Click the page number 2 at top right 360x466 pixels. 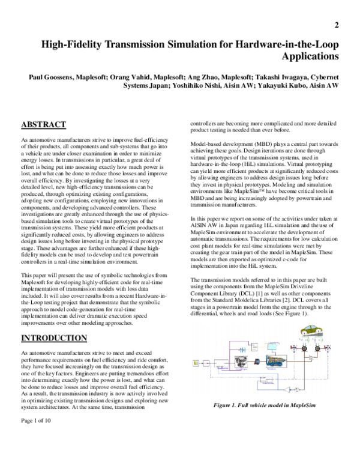click(337, 25)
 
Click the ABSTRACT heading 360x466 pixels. click(43, 125)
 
